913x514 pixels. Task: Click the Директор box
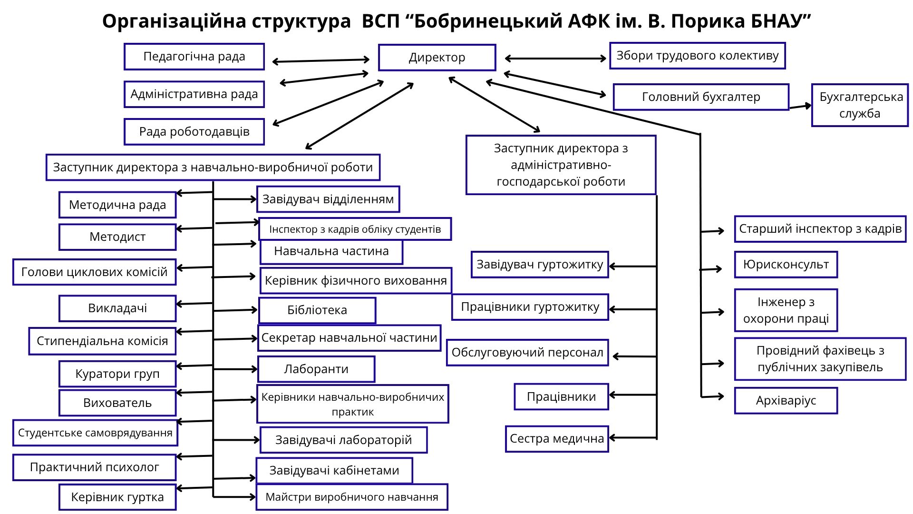click(x=437, y=58)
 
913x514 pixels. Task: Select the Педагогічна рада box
click(x=194, y=57)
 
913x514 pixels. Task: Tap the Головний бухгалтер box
click(x=701, y=97)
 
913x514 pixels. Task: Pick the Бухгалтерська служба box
click(x=860, y=105)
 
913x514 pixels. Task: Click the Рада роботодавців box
click(x=194, y=132)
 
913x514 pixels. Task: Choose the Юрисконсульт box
click(x=786, y=265)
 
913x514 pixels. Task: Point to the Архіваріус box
click(x=786, y=401)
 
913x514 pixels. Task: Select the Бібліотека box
click(x=317, y=310)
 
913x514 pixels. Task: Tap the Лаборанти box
click(x=316, y=369)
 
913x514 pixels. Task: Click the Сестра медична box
click(x=557, y=439)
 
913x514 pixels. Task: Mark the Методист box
click(x=117, y=237)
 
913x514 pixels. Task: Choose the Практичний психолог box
click(x=94, y=467)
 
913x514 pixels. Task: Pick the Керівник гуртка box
click(x=117, y=497)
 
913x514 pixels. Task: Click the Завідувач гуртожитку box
click(x=540, y=265)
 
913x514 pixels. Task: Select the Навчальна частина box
click(x=331, y=252)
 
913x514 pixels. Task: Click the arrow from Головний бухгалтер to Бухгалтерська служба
click(x=800, y=106)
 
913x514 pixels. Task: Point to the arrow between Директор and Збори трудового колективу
click(x=555, y=59)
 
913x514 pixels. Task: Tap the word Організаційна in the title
click(x=174, y=21)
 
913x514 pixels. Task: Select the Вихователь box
click(x=117, y=403)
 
